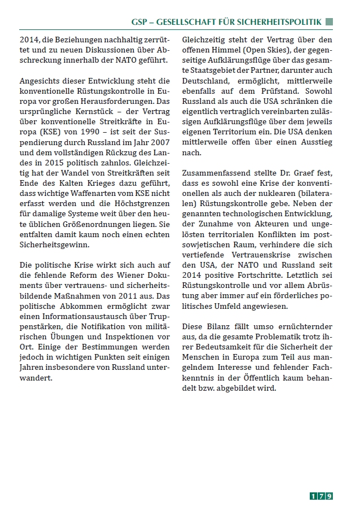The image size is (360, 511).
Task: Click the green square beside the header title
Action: click(329, 21)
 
